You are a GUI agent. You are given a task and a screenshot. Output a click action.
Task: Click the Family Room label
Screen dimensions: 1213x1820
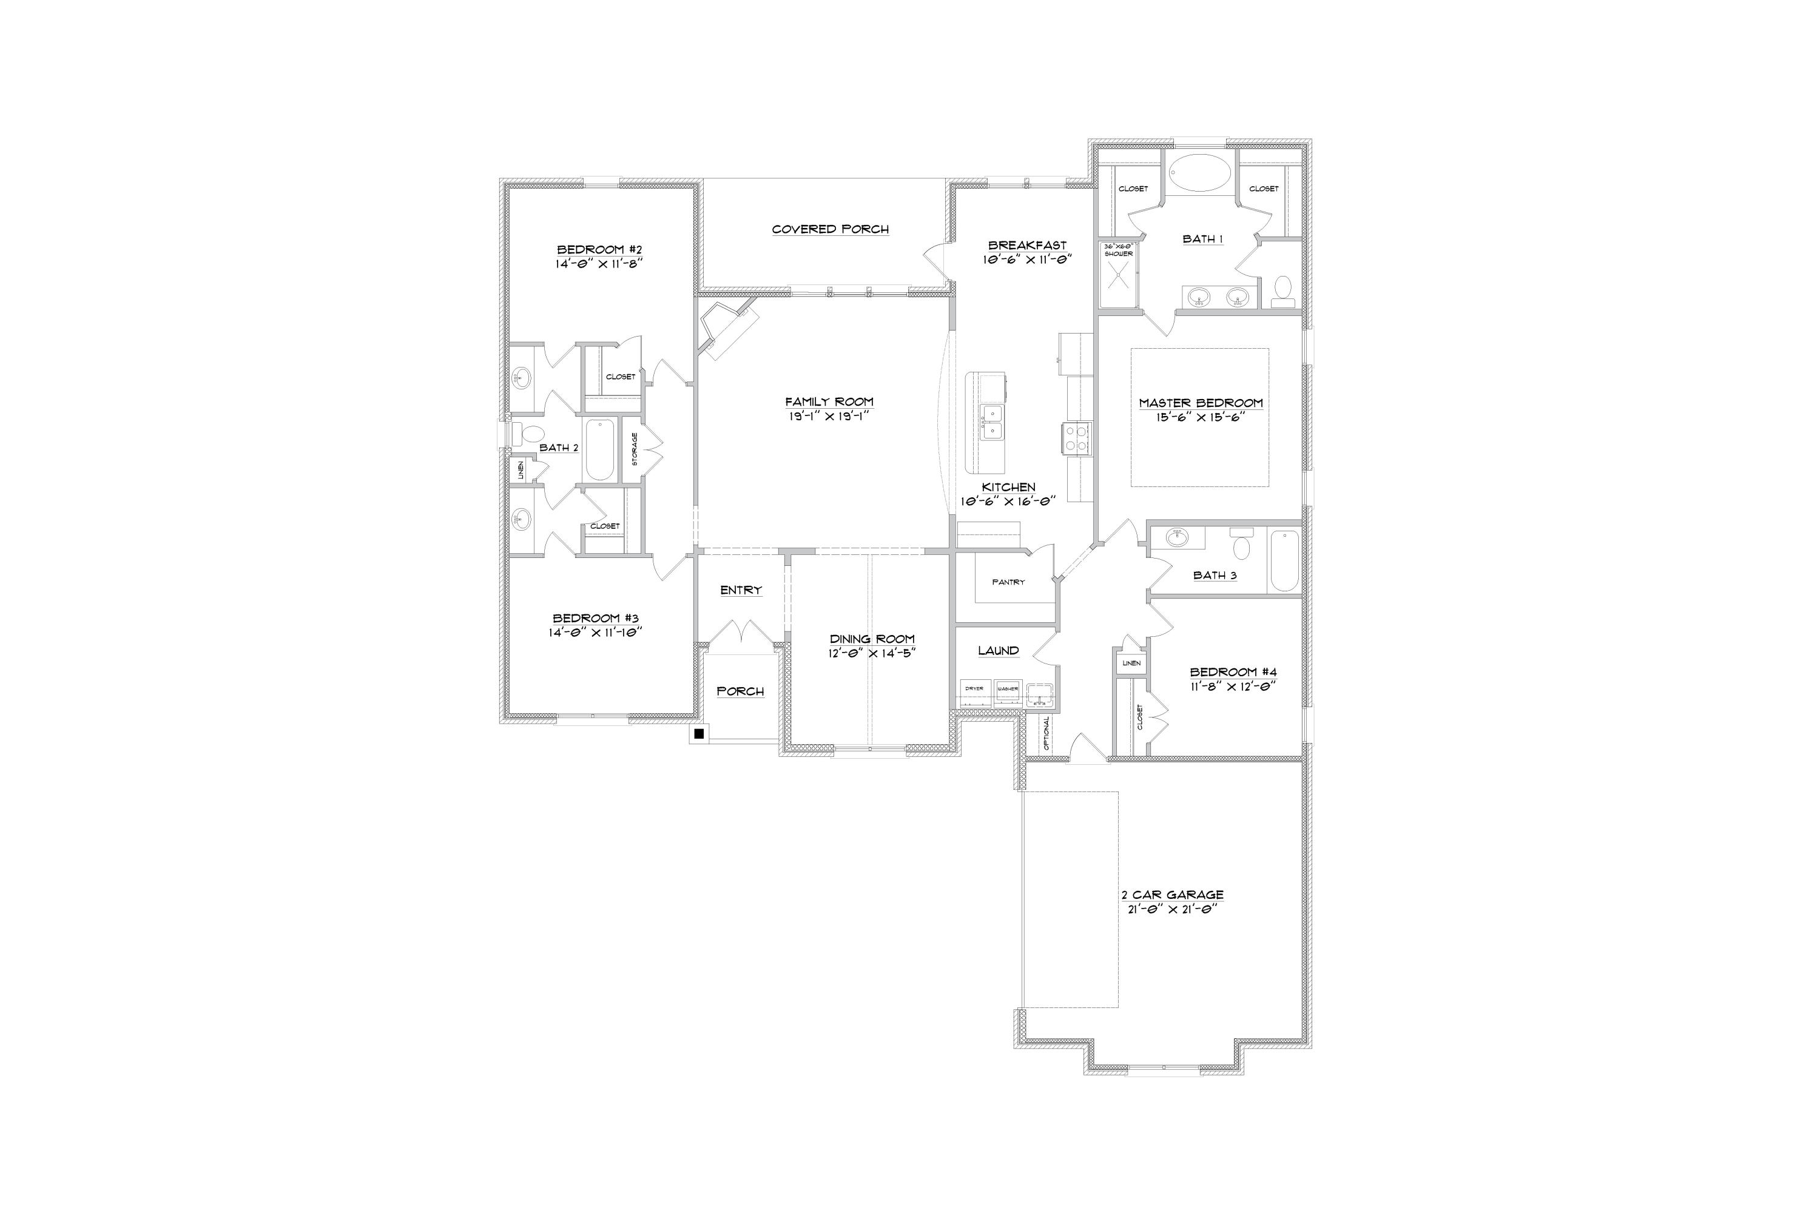coord(829,402)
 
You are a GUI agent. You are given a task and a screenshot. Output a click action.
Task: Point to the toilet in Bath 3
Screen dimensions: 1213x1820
coord(1242,545)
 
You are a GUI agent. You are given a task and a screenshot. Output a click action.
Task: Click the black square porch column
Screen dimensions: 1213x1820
coord(699,733)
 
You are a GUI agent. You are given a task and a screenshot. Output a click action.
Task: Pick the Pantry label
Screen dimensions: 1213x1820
coord(1008,582)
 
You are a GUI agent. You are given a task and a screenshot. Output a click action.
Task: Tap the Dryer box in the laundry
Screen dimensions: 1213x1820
coord(974,688)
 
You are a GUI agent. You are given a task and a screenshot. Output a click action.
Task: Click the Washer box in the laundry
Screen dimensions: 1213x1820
coord(1006,688)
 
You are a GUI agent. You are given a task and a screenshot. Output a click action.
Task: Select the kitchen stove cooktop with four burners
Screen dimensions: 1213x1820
coord(1076,438)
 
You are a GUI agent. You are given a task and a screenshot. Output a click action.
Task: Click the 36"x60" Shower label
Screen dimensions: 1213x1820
coord(1118,250)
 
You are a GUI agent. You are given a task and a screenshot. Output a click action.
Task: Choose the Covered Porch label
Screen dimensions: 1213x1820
coord(831,229)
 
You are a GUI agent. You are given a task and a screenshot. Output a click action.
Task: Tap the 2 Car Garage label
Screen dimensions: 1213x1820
coord(1172,895)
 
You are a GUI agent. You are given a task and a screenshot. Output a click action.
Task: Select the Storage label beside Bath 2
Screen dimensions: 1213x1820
coord(635,449)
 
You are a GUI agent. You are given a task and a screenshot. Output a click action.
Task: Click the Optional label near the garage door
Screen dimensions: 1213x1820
coord(1046,733)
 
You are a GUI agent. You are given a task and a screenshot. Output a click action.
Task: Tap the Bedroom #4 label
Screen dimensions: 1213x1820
coord(1233,671)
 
